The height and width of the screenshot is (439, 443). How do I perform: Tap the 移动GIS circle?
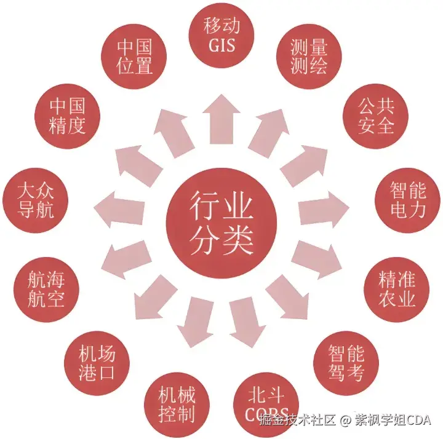pos(221,35)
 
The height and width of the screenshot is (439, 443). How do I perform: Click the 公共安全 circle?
pos(375,114)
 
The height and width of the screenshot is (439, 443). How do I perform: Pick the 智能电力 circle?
pos(408,199)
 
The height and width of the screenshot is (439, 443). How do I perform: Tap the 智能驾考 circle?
pos(346,363)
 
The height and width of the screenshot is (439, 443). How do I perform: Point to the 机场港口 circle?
pos(97,363)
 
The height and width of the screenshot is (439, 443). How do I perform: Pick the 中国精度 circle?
pos(67,114)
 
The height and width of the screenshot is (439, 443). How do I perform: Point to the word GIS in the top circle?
pos(221,45)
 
